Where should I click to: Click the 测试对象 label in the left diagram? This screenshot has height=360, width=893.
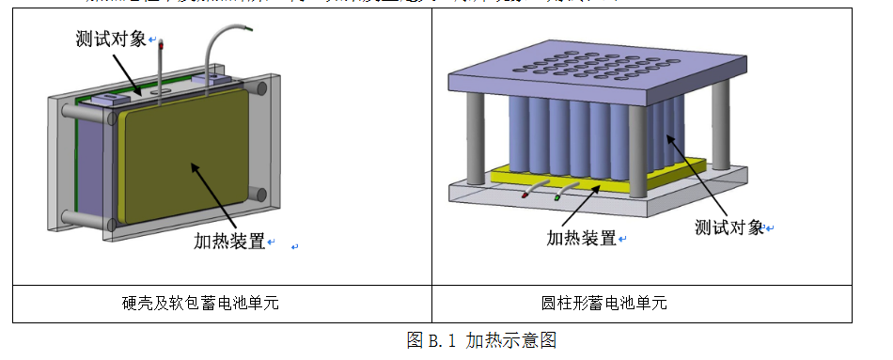point(110,39)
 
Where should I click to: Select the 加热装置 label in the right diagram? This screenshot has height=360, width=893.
point(582,237)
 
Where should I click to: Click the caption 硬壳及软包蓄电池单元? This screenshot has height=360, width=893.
point(200,304)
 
